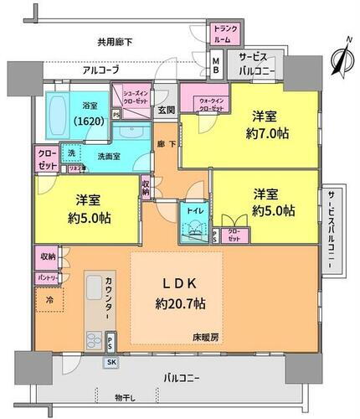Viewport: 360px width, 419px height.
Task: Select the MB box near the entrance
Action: point(215,65)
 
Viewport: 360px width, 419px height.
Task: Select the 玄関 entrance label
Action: point(165,110)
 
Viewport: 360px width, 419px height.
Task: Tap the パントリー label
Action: point(47,277)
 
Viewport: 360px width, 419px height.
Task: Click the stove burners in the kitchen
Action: point(93,341)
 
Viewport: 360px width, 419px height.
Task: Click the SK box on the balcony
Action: point(111,362)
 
